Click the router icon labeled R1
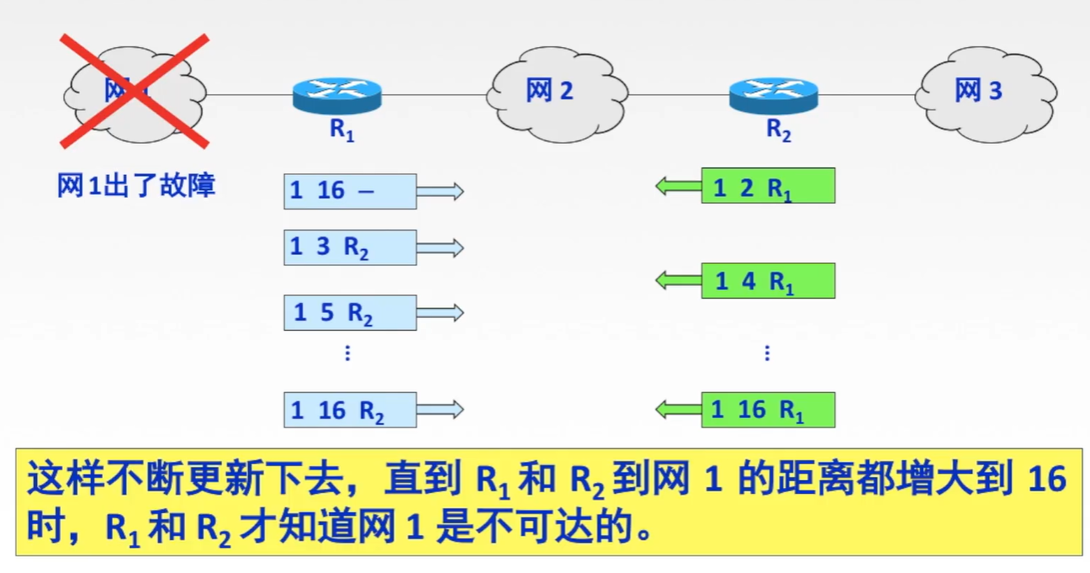[x=336, y=95]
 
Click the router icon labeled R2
[x=773, y=95]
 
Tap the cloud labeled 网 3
[x=985, y=90]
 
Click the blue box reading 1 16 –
[x=350, y=191]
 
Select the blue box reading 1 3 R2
[x=350, y=247]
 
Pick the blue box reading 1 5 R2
[x=350, y=312]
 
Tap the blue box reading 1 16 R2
[x=350, y=410]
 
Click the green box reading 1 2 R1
[x=768, y=186]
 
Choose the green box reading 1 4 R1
[x=768, y=281]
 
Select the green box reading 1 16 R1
[x=768, y=410]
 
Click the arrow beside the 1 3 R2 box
[x=440, y=247]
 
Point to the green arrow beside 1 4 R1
[x=679, y=281]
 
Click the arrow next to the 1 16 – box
[x=440, y=191]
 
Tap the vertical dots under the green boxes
[x=767, y=353]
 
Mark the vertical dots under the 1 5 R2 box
[x=347, y=353]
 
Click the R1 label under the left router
[x=341, y=131]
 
